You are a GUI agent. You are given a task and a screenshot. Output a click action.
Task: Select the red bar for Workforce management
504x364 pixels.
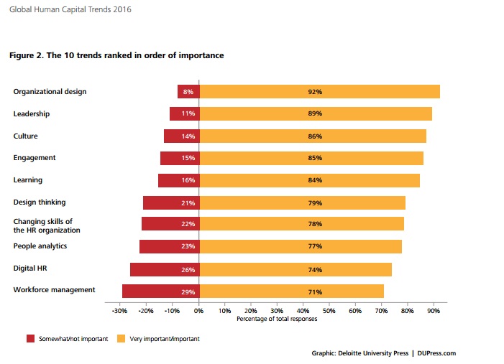pos(160,291)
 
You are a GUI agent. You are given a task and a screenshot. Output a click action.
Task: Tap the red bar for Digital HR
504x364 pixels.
pos(165,269)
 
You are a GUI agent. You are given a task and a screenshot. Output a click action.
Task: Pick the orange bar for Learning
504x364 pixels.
pos(309,180)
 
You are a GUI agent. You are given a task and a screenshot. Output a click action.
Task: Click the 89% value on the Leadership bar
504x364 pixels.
pos(315,113)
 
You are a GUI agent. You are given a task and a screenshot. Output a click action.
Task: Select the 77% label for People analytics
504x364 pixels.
pos(315,247)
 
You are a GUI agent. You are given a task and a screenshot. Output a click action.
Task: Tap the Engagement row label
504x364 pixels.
pos(35,158)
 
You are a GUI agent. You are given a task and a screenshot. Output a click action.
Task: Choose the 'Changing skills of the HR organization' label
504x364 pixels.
pos(47,225)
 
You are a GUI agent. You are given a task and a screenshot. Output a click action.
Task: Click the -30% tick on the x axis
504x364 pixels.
pos(120,312)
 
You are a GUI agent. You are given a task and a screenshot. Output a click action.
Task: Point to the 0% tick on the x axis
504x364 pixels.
pos(199,312)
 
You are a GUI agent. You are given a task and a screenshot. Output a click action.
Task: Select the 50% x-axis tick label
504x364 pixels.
pos(329,312)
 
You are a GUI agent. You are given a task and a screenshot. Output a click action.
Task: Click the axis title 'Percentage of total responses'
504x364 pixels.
pos(277,319)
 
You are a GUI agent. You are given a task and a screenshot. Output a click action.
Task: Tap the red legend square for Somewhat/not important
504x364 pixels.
pos(30,337)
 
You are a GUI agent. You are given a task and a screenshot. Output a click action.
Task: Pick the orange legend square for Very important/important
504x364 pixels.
pos(121,337)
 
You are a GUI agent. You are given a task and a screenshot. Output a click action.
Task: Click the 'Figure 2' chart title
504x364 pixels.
pos(116,55)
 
